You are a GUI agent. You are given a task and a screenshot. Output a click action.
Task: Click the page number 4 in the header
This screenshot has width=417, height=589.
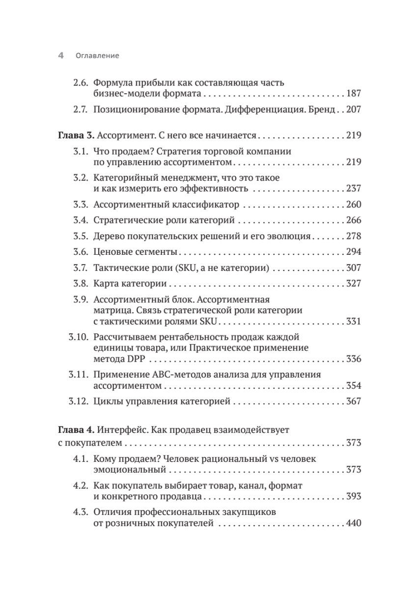point(61,56)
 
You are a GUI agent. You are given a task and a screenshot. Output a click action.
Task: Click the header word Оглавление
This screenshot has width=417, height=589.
point(98,56)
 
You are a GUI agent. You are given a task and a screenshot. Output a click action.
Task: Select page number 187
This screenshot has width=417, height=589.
point(354,93)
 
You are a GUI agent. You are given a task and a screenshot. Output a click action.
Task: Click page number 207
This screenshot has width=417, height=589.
point(354,109)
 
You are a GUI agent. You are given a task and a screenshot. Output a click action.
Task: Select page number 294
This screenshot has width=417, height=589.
point(354,252)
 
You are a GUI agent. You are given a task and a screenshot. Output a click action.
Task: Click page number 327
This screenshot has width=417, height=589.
point(354,284)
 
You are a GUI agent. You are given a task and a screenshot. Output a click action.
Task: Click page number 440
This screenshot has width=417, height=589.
point(354,523)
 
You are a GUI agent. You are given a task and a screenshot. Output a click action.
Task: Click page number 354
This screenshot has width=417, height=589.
point(354,386)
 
